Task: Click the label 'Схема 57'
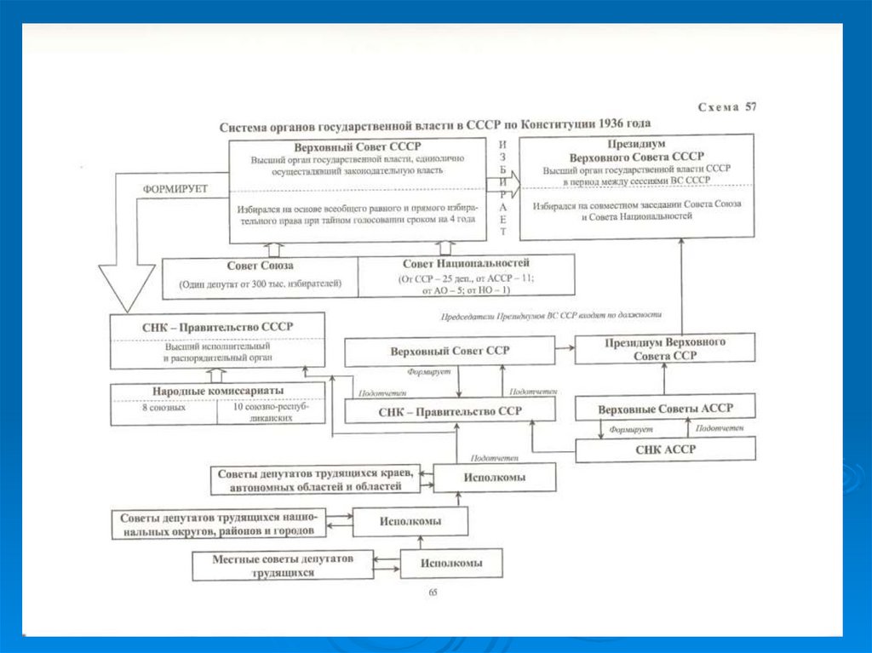(x=726, y=107)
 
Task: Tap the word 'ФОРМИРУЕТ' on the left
(x=175, y=188)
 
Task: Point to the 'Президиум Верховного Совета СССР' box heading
(x=637, y=151)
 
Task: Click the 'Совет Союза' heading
(x=260, y=265)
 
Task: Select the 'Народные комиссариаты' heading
(x=217, y=391)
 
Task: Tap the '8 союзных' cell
(x=164, y=408)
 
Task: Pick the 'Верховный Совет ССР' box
(x=449, y=351)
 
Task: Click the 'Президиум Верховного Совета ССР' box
(x=665, y=349)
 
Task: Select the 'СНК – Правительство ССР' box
(x=449, y=410)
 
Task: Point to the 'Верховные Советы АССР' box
(x=665, y=408)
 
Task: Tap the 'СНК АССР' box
(x=665, y=449)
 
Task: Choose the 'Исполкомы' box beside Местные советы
(x=450, y=563)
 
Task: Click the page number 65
(x=433, y=593)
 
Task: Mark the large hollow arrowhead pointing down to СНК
(x=127, y=289)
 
